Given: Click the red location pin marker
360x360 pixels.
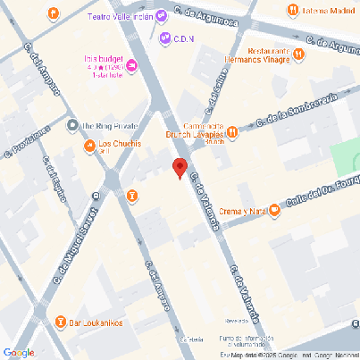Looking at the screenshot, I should tap(180, 168).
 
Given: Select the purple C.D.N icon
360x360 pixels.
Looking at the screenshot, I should tap(165, 38).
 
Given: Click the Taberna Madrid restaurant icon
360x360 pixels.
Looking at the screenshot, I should tap(292, 10).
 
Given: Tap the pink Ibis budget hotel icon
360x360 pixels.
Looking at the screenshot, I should tap(132, 64).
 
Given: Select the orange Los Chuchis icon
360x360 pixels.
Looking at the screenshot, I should tap(89, 146).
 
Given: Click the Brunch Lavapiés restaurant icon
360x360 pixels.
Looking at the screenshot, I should tap(232, 132).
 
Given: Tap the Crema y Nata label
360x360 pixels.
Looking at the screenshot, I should tap(241, 212).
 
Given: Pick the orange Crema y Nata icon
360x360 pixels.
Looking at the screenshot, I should tap(274, 211).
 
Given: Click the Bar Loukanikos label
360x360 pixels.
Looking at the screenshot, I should tap(96, 322).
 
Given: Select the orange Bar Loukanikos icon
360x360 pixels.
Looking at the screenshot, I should tap(61, 322).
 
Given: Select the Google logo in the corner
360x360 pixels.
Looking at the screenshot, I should tap(19, 352).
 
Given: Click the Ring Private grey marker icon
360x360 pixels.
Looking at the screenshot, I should tap(73, 125).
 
